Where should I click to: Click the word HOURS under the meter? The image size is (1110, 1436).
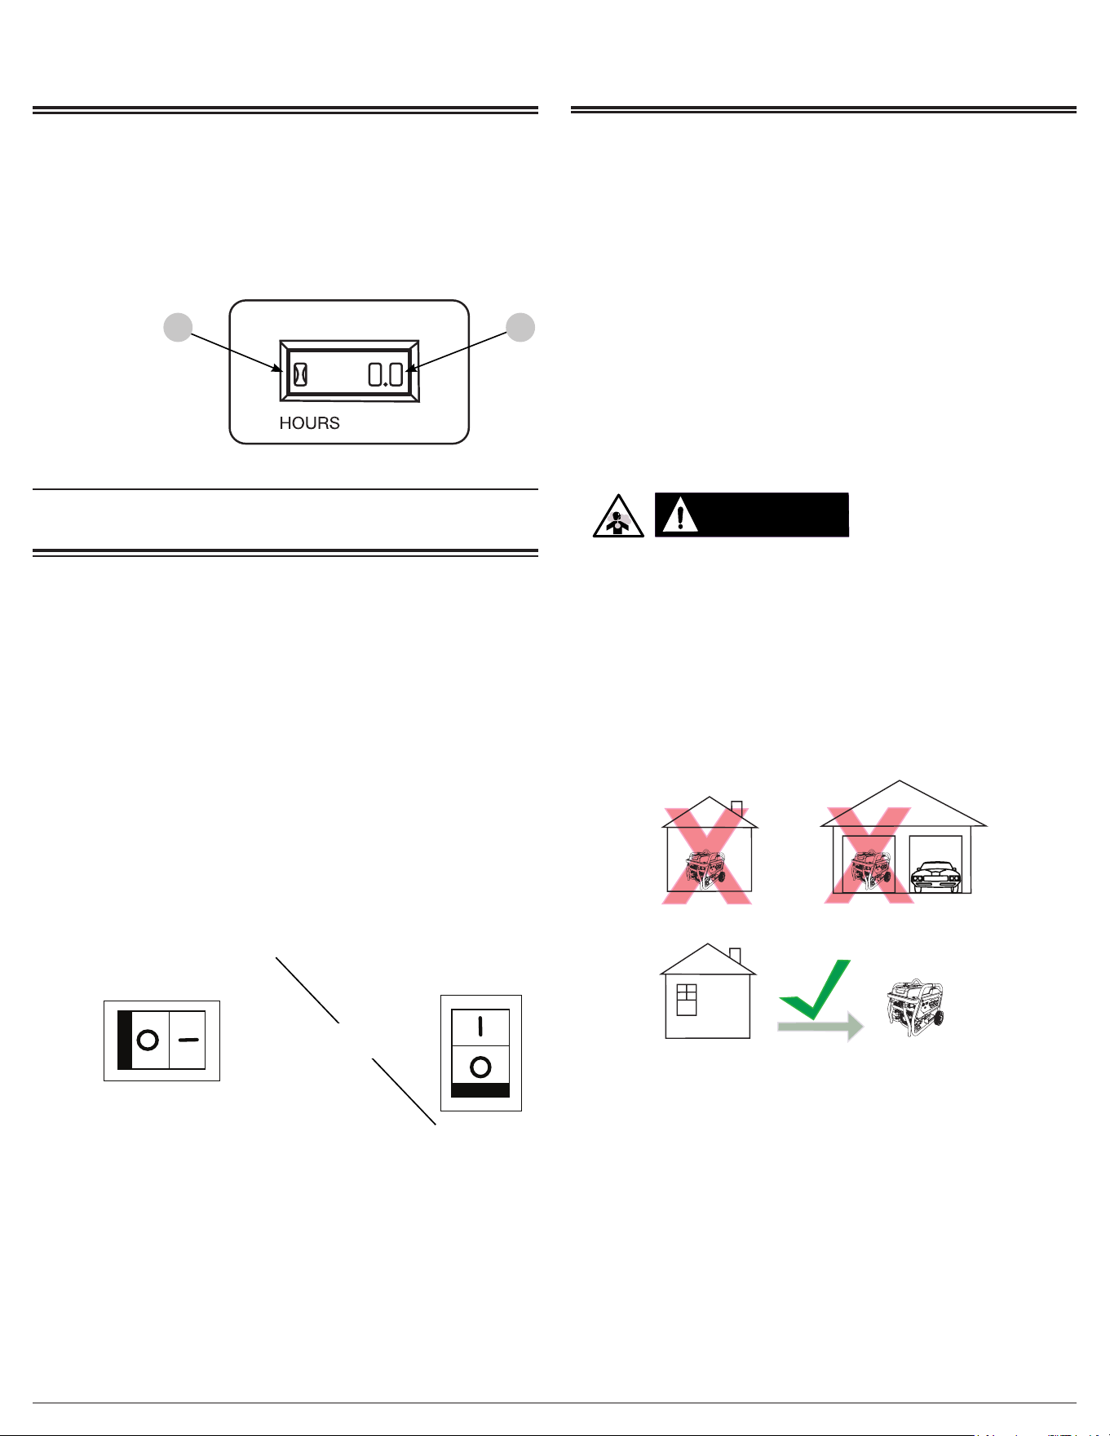click(309, 422)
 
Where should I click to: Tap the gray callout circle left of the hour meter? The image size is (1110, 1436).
click(178, 328)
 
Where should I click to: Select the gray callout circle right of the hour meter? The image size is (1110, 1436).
click(520, 327)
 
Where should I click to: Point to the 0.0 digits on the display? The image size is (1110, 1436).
click(385, 374)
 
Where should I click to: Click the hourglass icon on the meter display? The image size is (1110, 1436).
click(300, 373)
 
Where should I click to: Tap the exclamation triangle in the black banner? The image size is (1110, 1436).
click(680, 515)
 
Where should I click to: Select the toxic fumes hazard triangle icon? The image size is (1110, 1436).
click(617, 515)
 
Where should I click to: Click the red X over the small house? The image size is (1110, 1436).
click(707, 855)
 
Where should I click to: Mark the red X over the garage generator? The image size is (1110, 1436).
click(869, 855)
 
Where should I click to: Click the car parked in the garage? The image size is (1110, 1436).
click(935, 877)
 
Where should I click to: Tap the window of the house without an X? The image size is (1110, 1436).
click(687, 1000)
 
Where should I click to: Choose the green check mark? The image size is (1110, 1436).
click(815, 989)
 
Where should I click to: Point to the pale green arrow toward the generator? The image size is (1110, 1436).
click(820, 1027)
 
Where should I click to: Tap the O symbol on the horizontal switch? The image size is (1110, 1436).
click(148, 1041)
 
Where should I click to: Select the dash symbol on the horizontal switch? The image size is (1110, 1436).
click(188, 1041)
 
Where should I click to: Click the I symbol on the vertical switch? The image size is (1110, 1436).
click(480, 1026)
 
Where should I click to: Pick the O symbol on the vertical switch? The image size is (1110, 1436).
click(480, 1067)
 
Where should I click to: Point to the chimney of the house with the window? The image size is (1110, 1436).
click(735, 957)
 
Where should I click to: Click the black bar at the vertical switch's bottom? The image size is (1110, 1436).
click(480, 1090)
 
